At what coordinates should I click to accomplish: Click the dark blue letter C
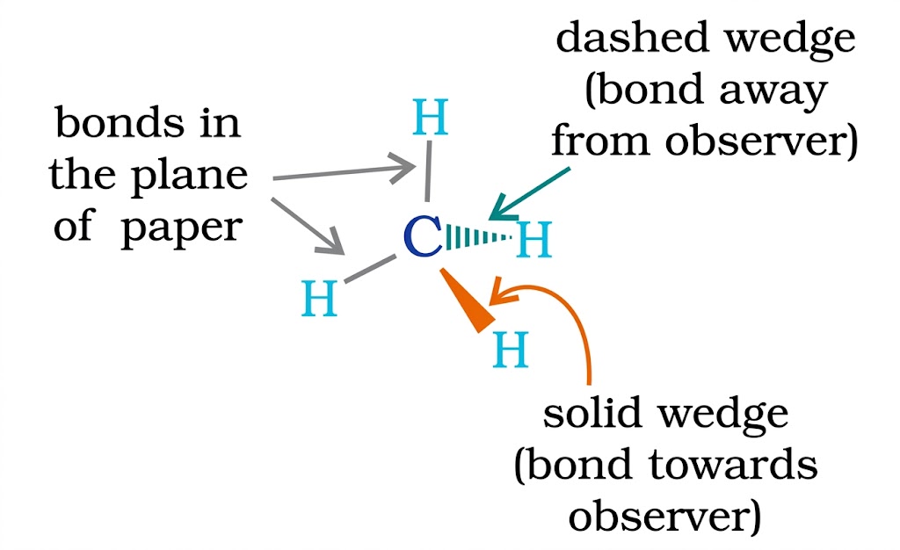click(x=423, y=238)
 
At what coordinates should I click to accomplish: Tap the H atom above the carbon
click(x=431, y=120)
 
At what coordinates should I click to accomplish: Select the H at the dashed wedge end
click(x=533, y=240)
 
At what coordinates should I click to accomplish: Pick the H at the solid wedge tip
click(x=511, y=351)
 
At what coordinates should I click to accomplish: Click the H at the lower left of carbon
click(x=320, y=299)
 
